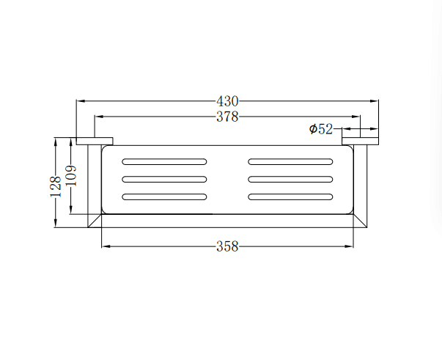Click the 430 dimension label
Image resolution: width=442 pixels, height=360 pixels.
click(227, 101)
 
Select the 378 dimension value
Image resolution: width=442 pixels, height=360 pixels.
click(227, 117)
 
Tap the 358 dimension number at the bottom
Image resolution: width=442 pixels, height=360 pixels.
click(227, 246)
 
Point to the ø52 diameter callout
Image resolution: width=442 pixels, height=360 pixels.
click(321, 129)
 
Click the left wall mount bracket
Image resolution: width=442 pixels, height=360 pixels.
click(94, 141)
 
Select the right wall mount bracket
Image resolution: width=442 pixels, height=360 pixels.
click(360, 141)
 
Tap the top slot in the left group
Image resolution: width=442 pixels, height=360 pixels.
click(164, 161)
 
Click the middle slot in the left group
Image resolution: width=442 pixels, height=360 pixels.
click(164, 179)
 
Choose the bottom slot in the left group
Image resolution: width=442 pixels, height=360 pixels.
click(164, 196)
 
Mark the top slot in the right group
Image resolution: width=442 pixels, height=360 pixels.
click(291, 161)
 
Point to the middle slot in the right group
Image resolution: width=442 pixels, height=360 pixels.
click(291, 179)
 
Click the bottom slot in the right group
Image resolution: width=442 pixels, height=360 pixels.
click(291, 196)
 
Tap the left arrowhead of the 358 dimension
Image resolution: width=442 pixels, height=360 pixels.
click(104, 246)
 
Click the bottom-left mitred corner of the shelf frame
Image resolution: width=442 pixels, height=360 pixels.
click(95, 221)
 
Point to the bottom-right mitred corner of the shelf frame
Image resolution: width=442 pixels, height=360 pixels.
click(360, 221)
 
